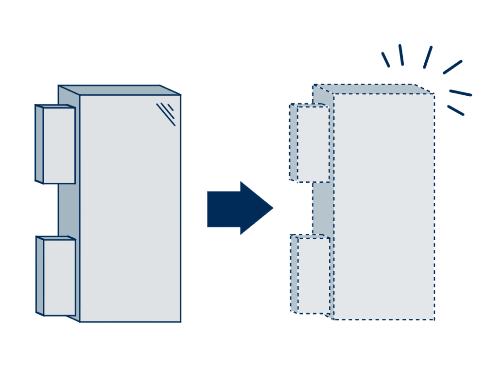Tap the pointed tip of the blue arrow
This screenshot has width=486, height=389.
pos(273,208)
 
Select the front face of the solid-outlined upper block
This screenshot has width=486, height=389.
pos(59,145)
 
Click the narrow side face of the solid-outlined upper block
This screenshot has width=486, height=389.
pos(39,144)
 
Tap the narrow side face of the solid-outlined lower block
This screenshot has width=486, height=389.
pos(39,275)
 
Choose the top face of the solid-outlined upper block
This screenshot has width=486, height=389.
pos(54,106)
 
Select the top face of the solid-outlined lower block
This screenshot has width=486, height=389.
pos(55,238)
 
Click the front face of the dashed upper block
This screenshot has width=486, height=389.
pos(313,144)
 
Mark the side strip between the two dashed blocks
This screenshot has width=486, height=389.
pos(321,209)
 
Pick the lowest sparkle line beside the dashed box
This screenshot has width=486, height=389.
pos(455,110)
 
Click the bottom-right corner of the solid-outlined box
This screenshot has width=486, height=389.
pos(181,321)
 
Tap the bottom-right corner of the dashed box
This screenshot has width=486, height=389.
pos(434,319)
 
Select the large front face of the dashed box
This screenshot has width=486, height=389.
pos(384,207)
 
